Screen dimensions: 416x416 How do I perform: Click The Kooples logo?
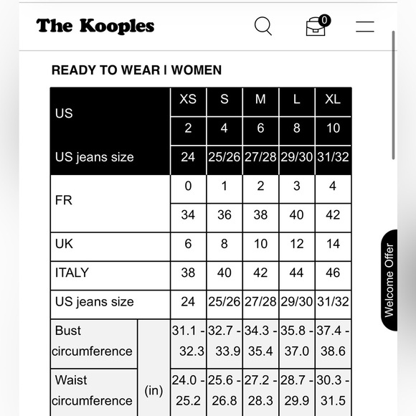click(95, 27)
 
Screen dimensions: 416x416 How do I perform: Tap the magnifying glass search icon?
click(263, 27)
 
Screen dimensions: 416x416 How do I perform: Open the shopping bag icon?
click(316, 26)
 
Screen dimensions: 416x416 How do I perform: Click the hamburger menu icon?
click(364, 27)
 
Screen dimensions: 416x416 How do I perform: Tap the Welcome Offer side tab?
click(389, 280)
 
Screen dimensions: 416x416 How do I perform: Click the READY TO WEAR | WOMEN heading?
click(136, 70)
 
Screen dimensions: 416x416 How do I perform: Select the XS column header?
click(188, 100)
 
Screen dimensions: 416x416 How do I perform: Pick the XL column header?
click(332, 100)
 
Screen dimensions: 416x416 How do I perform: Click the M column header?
click(260, 100)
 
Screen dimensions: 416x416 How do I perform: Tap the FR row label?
click(64, 200)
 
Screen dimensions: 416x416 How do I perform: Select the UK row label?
click(64, 244)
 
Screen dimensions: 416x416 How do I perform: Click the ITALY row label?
click(72, 273)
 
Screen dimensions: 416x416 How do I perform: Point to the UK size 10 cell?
click(260, 244)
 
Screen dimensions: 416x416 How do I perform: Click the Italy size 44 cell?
click(296, 273)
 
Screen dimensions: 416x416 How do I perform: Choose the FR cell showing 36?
click(224, 214)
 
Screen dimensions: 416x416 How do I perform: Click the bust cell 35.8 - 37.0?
click(296, 341)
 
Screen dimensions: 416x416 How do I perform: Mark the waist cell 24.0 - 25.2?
click(188, 390)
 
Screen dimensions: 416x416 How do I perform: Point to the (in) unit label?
click(153, 390)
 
